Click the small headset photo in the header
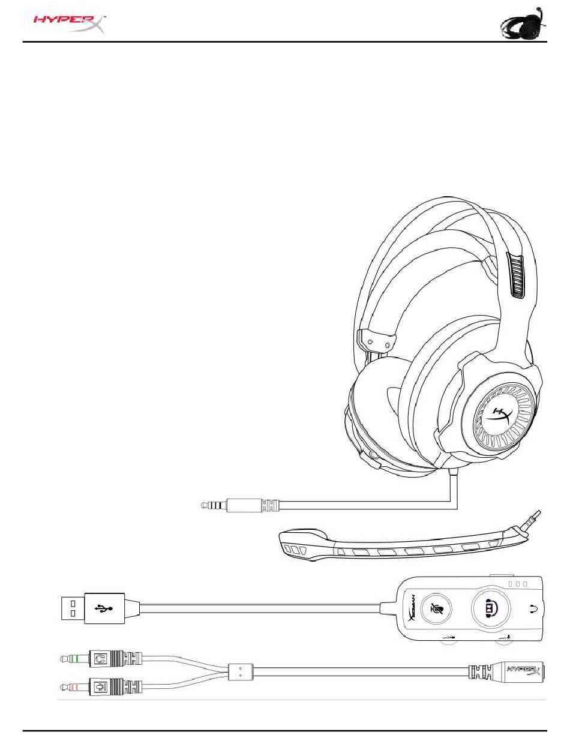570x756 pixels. pos(521,25)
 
